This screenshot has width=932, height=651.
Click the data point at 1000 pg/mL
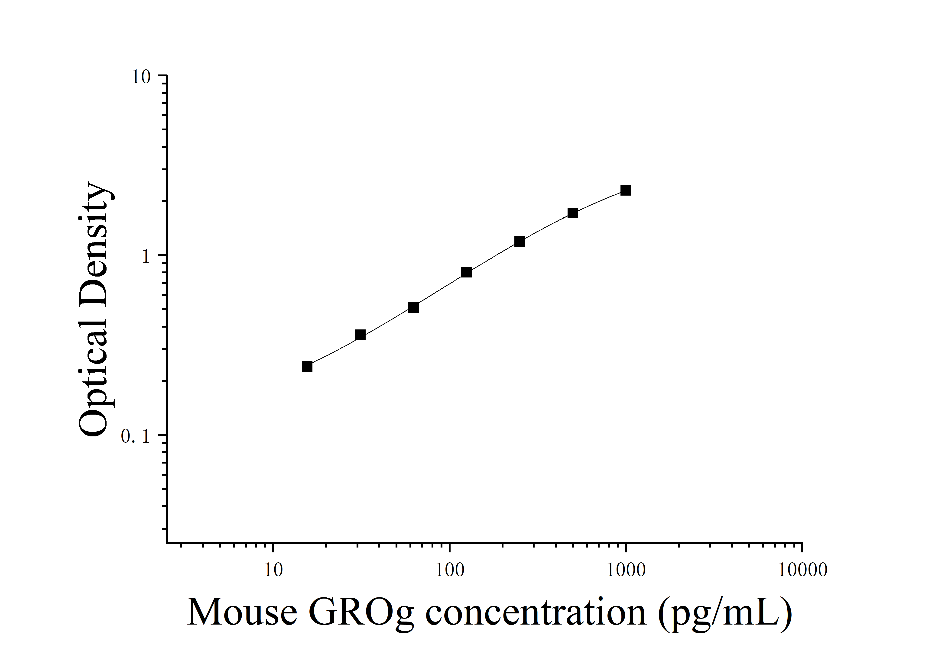click(x=626, y=190)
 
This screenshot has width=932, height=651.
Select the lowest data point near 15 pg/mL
click(x=307, y=366)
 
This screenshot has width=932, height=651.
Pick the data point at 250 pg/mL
click(x=519, y=241)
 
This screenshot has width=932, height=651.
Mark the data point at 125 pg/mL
click(x=466, y=272)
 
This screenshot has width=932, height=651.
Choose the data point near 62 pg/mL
click(x=413, y=307)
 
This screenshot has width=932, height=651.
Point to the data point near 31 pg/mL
click(x=360, y=335)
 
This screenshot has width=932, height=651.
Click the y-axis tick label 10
click(x=141, y=77)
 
